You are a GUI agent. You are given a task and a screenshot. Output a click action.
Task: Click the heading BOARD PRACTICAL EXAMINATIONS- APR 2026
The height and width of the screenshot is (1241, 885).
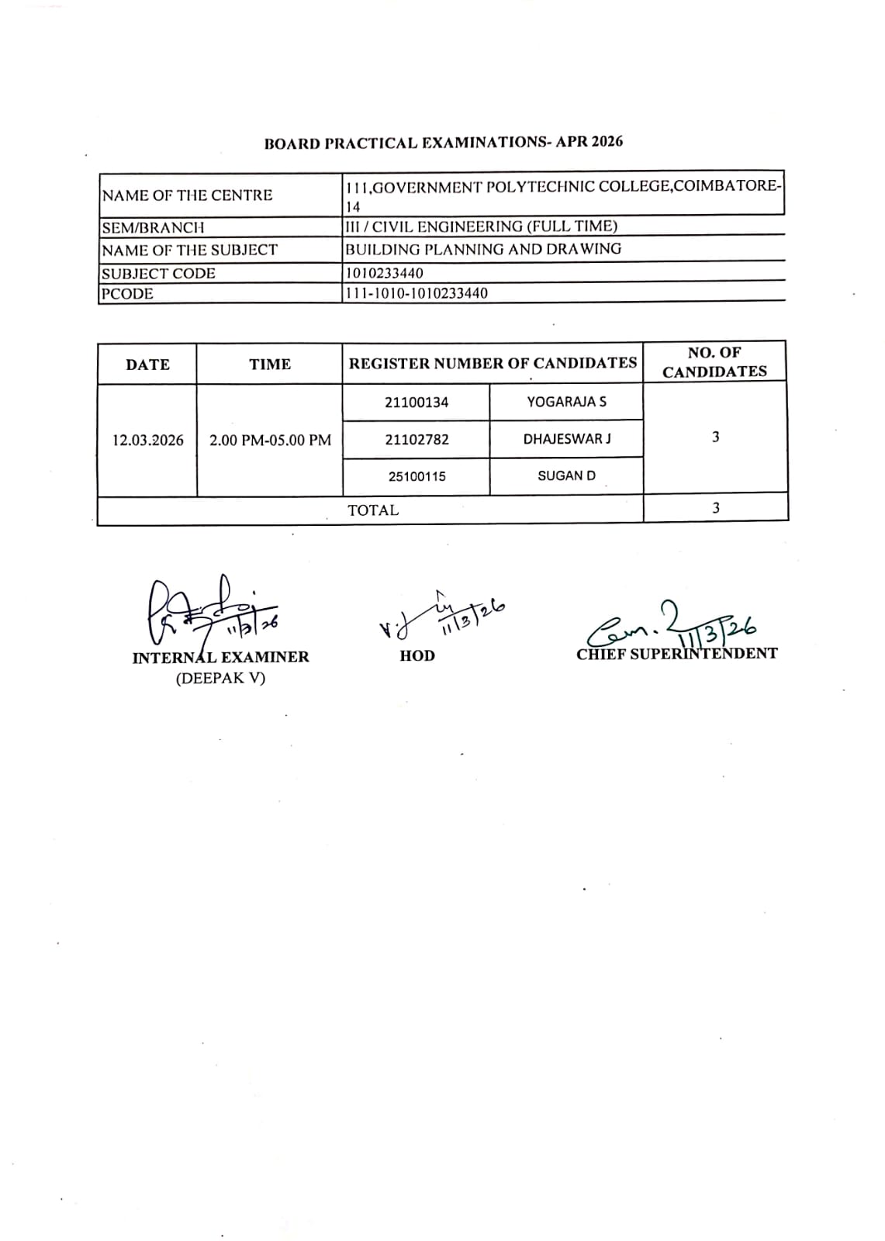pyautogui.click(x=443, y=143)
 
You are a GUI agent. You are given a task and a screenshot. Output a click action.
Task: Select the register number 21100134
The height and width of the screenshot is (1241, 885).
pyautogui.click(x=417, y=403)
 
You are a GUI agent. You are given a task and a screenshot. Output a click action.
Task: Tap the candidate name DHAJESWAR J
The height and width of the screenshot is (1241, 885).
pyautogui.click(x=567, y=439)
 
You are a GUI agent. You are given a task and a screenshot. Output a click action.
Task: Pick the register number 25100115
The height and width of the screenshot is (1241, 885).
pyautogui.click(x=417, y=476)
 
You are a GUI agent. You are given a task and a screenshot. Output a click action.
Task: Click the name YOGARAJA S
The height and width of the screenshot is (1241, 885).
pyautogui.click(x=567, y=402)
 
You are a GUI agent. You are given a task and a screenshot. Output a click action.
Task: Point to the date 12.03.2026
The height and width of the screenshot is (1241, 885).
pyautogui.click(x=148, y=440)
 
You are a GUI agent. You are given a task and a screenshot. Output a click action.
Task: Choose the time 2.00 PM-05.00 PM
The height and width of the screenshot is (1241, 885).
pyautogui.click(x=270, y=440)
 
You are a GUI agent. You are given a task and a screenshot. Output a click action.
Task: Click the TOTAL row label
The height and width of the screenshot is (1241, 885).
pyautogui.click(x=373, y=510)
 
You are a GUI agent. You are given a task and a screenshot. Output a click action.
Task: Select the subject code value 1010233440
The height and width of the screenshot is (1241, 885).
pyautogui.click(x=385, y=273)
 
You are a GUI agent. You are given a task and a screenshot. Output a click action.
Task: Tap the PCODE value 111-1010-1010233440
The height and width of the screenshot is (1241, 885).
pyautogui.click(x=417, y=293)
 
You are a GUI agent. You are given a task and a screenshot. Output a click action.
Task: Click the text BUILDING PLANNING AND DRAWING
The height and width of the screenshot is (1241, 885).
pyautogui.click(x=483, y=249)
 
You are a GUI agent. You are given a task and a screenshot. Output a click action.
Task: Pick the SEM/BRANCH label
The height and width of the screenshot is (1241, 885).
pyautogui.click(x=153, y=227)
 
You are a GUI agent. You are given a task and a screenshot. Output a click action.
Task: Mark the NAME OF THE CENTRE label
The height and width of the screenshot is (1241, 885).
pyautogui.click(x=187, y=195)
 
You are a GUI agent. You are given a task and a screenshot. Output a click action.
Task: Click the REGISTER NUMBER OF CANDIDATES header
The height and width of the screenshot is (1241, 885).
pyautogui.click(x=493, y=363)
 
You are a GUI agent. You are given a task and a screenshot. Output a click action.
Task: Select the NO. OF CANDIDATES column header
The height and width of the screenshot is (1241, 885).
pyautogui.click(x=714, y=362)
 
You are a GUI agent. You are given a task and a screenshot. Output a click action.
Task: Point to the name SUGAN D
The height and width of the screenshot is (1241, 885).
pyautogui.click(x=567, y=475)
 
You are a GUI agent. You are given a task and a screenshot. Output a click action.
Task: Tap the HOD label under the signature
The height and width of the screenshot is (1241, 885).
pyautogui.click(x=417, y=656)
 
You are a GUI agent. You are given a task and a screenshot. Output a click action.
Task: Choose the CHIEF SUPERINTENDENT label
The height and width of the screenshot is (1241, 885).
pyautogui.click(x=676, y=654)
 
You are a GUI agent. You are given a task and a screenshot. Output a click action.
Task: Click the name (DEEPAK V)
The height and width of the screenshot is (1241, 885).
pyautogui.click(x=220, y=678)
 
